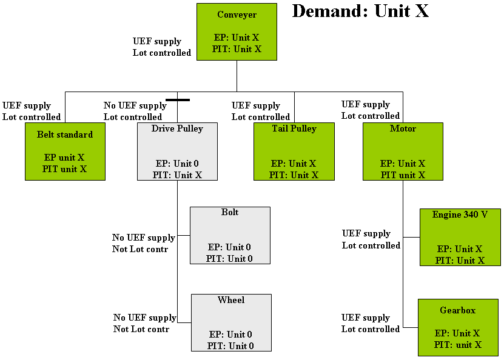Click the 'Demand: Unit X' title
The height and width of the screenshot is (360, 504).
click(x=360, y=12)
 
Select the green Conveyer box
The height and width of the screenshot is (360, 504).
click(x=237, y=32)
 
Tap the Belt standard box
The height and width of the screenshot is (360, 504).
click(x=65, y=152)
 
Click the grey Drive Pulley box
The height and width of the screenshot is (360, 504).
click(x=177, y=152)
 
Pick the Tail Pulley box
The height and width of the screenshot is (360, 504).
click(x=294, y=152)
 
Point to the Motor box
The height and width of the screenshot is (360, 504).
click(x=403, y=152)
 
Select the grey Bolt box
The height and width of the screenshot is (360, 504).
click(x=230, y=235)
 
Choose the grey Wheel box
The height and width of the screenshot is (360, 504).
click(x=231, y=322)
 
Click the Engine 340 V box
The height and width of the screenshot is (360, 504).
click(x=460, y=237)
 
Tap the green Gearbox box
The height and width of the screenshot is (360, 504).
click(x=458, y=327)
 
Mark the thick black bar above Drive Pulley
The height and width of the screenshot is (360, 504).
click(x=178, y=99)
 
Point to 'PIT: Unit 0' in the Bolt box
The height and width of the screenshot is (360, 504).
click(x=229, y=259)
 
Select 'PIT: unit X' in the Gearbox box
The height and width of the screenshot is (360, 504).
click(x=458, y=345)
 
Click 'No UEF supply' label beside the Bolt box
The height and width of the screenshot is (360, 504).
click(x=144, y=238)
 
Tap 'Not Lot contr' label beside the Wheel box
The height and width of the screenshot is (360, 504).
click(x=141, y=329)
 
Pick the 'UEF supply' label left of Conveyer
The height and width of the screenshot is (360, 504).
click(x=157, y=41)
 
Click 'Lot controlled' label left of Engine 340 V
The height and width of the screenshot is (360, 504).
click(x=371, y=245)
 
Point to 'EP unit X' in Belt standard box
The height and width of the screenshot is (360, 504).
click(x=64, y=158)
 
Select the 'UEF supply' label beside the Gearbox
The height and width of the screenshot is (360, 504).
click(x=366, y=318)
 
